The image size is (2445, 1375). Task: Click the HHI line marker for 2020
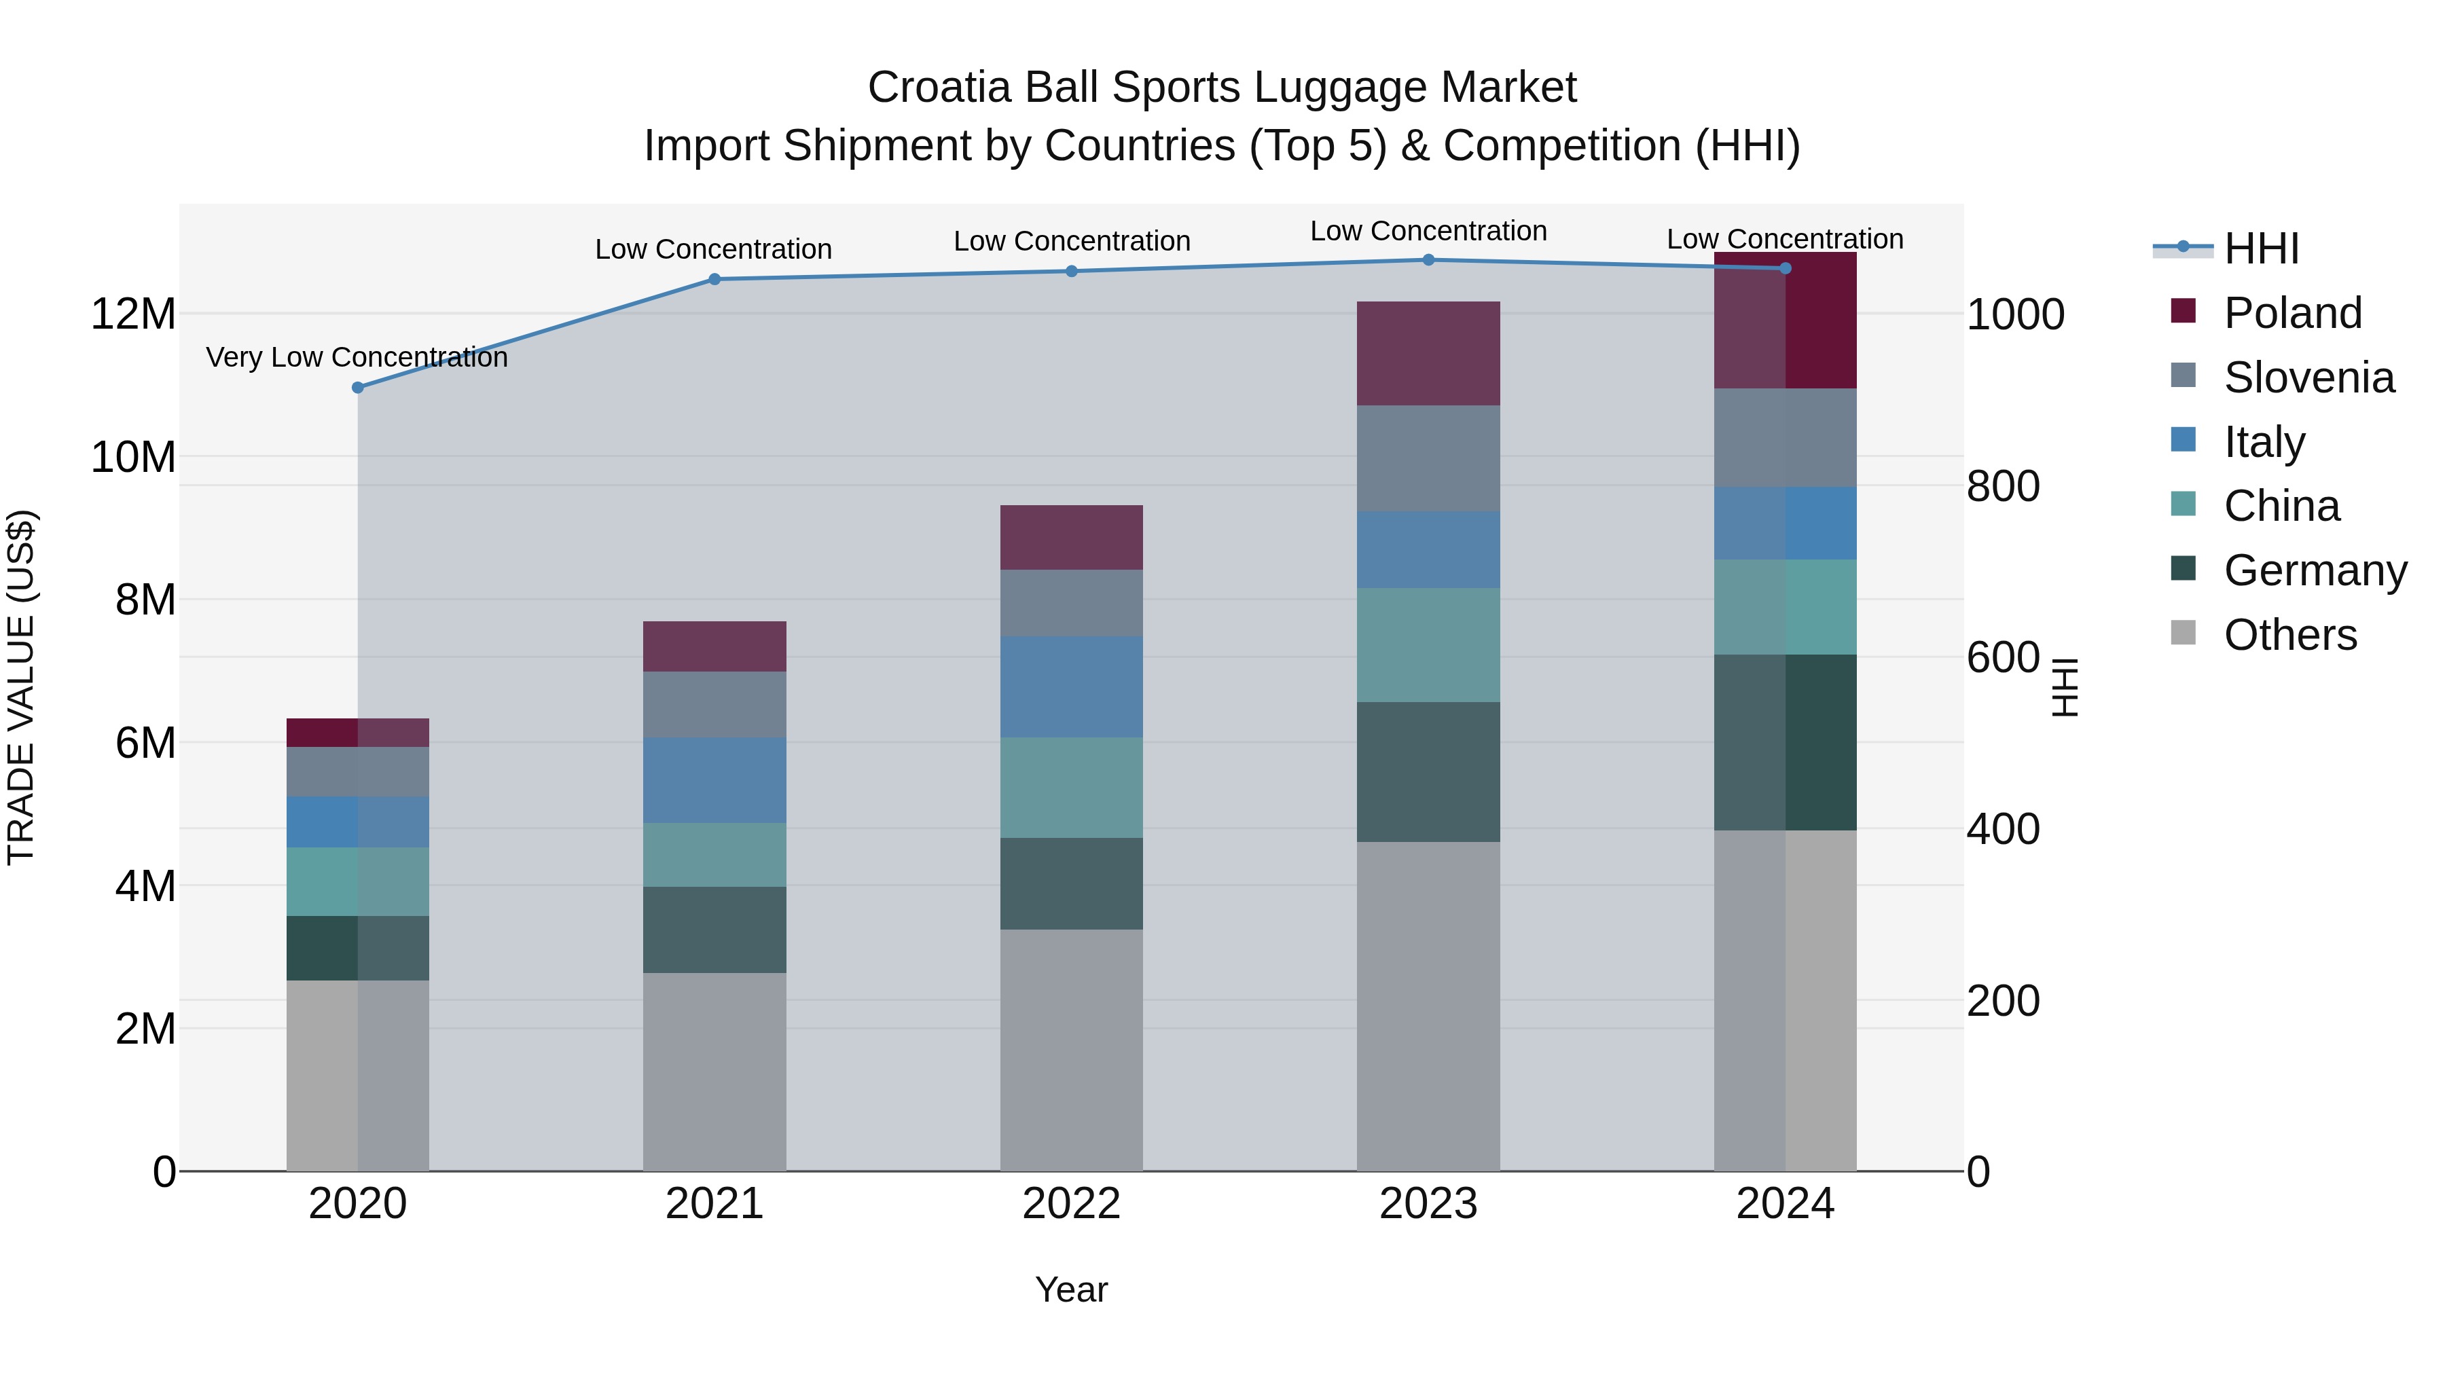[x=358, y=387]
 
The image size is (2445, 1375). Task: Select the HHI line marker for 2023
[x=1428, y=259]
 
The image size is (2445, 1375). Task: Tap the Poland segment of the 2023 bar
[x=1428, y=353]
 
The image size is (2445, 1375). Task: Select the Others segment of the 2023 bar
[x=1428, y=1006]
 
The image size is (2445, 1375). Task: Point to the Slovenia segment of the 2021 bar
[x=714, y=704]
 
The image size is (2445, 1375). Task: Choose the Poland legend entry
[x=2292, y=313]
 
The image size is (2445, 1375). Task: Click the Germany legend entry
[x=2314, y=570]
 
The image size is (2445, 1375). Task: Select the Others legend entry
[x=2289, y=635]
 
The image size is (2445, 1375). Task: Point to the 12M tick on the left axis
[x=133, y=314]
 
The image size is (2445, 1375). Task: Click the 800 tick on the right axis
[x=2003, y=486]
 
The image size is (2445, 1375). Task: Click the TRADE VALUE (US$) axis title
[x=21, y=687]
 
